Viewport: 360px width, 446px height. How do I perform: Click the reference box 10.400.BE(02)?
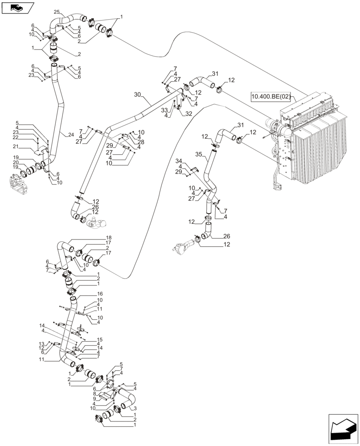pos(270,96)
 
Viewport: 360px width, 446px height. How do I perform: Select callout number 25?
pos(57,12)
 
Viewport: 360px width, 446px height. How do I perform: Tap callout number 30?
pos(137,95)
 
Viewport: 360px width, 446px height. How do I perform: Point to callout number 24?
pos(71,134)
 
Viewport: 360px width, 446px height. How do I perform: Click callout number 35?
pos(199,154)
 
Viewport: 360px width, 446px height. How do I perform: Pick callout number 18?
pos(108,237)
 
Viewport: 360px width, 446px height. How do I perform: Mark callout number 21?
pos(28,146)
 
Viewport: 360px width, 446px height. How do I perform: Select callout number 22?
pos(28,138)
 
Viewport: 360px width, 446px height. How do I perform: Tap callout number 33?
pos(164,110)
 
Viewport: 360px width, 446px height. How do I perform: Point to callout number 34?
pos(179,161)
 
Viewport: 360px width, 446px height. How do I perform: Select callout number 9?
pos(94,399)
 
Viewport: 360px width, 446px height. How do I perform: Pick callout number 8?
pos(94,394)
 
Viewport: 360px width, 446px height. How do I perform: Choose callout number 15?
pos(100,340)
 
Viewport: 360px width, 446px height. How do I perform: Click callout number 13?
pos(41,343)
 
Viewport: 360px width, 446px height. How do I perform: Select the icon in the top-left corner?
pos(17,7)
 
